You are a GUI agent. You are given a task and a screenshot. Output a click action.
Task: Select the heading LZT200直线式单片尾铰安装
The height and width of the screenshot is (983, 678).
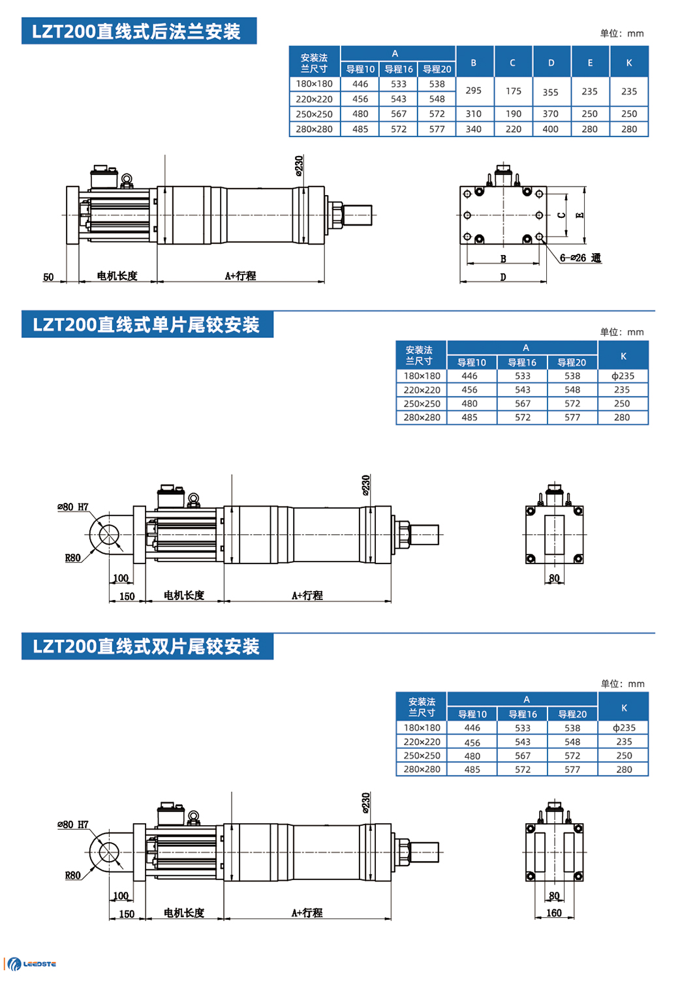coord(147,325)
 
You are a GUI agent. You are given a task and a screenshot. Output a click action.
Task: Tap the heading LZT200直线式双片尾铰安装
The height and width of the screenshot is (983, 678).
coord(147,646)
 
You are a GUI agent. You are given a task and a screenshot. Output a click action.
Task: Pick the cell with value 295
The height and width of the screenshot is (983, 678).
coord(474,91)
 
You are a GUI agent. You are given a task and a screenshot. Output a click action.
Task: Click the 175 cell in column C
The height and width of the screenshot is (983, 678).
coord(514,91)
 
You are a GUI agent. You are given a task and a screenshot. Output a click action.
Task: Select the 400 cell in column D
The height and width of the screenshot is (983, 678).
coord(551,129)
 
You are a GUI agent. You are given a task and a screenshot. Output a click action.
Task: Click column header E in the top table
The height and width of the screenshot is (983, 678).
coord(590,63)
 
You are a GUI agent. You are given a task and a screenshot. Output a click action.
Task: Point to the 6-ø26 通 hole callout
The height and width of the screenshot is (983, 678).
coord(580,258)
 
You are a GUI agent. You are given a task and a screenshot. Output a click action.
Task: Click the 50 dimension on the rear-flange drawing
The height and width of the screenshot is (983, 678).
coord(48,277)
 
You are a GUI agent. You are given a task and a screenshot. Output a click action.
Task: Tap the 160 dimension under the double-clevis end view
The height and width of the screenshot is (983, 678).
coord(554,913)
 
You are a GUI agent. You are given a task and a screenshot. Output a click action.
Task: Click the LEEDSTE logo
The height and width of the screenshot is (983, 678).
coord(32,963)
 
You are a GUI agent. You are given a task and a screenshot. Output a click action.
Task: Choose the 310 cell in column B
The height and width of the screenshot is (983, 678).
coord(474,113)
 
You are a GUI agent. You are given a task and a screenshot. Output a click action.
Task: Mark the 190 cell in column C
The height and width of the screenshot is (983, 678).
coord(514,113)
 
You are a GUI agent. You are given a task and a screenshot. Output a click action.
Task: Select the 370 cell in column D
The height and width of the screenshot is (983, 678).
coord(551,113)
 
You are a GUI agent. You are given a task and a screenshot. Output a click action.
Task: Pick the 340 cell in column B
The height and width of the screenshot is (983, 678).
coord(474,129)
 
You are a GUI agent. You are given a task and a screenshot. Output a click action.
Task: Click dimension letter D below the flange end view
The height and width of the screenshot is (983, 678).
coord(503,277)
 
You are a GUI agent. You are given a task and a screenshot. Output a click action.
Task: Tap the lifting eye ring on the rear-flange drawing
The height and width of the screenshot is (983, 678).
coord(127,178)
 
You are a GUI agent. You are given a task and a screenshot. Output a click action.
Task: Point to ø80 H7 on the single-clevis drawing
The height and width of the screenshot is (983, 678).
coord(72,507)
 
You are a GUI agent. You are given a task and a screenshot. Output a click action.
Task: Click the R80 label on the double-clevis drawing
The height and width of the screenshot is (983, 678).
coord(73,875)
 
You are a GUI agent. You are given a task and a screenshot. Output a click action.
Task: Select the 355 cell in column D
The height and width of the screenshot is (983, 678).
coord(551,92)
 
